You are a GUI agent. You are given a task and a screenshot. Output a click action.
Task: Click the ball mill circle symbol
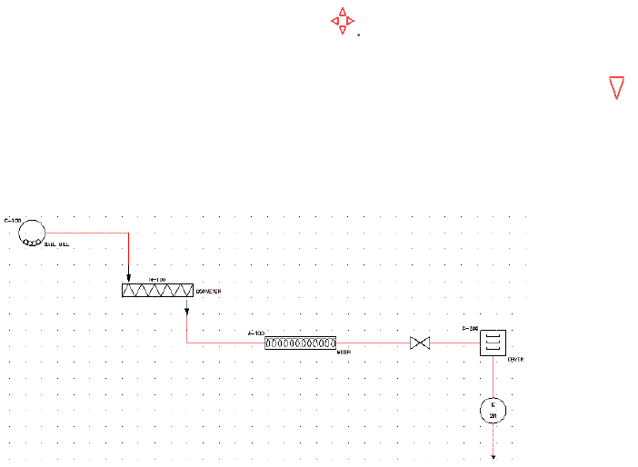(x=33, y=233)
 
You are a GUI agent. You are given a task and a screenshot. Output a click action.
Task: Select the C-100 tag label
(x=13, y=220)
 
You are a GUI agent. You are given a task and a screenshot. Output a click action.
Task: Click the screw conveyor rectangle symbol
(x=157, y=291)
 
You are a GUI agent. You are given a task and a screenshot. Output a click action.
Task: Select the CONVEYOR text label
(x=209, y=292)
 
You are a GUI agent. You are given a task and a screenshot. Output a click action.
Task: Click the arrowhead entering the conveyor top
(x=128, y=277)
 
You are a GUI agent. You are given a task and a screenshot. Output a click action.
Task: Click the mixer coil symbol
(x=300, y=343)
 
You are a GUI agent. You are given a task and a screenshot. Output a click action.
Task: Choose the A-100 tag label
(x=255, y=333)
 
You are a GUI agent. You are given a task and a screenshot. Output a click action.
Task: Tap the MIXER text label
(x=344, y=351)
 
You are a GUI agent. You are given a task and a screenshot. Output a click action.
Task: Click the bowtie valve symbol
(x=420, y=343)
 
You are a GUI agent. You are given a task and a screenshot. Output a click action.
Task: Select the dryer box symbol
(x=493, y=343)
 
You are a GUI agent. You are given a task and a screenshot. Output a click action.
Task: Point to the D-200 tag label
(x=470, y=328)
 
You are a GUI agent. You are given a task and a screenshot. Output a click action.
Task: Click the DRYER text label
(x=515, y=360)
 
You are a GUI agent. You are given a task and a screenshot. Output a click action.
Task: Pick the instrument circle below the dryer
(x=493, y=411)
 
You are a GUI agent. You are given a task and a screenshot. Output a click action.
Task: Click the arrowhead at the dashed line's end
(x=493, y=456)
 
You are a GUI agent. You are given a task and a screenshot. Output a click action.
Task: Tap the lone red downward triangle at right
(x=616, y=87)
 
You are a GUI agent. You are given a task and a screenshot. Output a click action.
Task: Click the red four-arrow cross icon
(x=342, y=21)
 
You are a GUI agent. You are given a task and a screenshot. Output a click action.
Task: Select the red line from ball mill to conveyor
(x=86, y=233)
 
